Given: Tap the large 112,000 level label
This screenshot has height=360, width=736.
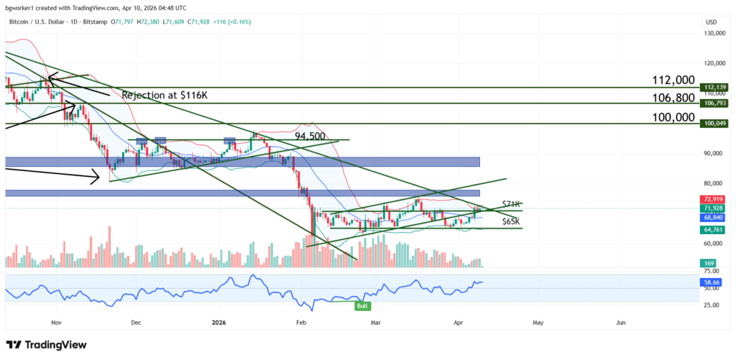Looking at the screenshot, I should (x=673, y=80).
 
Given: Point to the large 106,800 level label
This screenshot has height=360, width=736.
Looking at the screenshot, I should (x=673, y=97).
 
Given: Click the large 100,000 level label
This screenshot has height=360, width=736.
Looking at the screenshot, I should (x=673, y=117).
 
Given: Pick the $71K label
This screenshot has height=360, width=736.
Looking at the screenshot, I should (x=512, y=205).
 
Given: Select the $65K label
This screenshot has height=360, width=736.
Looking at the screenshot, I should (x=512, y=221).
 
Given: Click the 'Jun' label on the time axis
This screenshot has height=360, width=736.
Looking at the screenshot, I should (x=621, y=323).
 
